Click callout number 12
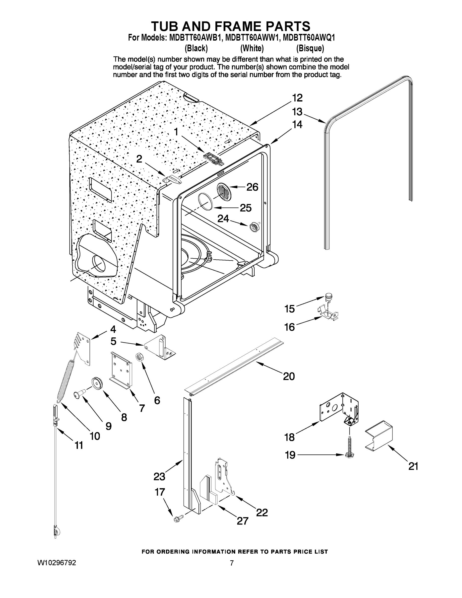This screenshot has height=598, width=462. click(x=297, y=98)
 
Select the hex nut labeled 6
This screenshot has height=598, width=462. click(x=139, y=357)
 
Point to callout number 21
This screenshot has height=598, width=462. click(x=413, y=466)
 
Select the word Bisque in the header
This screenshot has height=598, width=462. click(x=310, y=49)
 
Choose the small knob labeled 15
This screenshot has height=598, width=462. click(x=328, y=297)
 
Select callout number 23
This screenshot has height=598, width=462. click(x=159, y=476)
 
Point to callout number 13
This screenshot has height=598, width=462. click(x=297, y=112)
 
